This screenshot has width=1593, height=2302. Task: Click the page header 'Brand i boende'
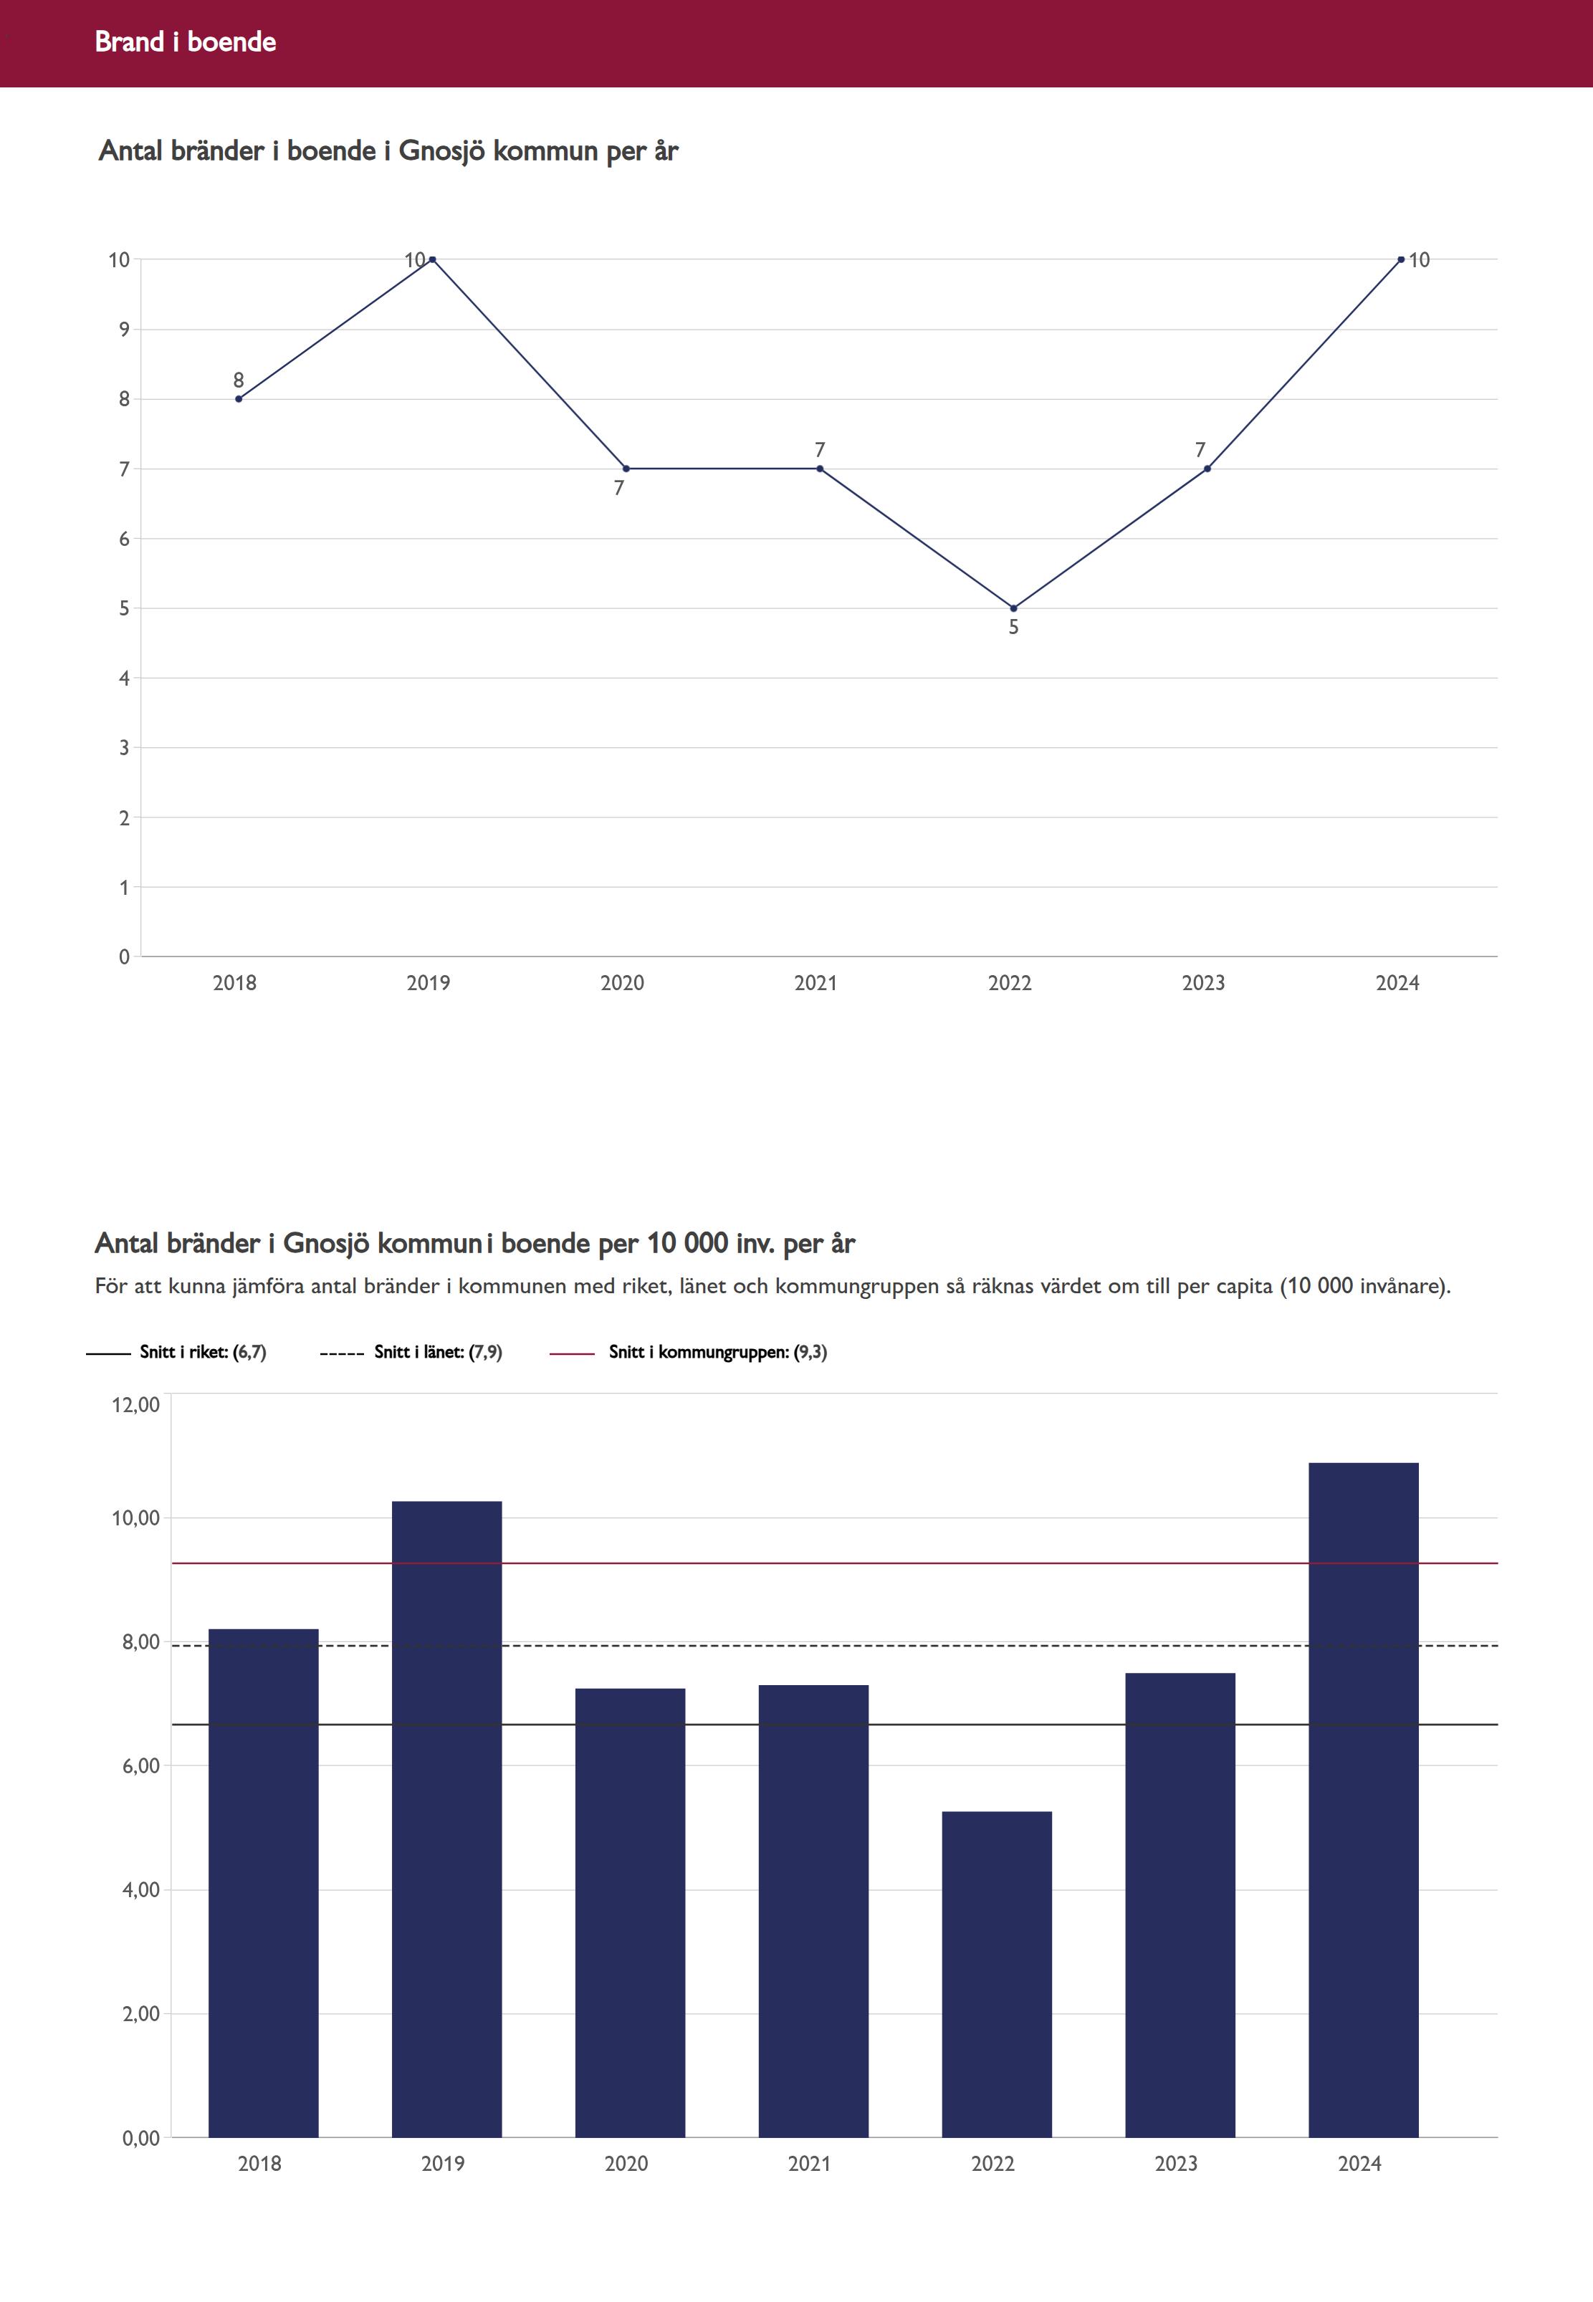(186, 42)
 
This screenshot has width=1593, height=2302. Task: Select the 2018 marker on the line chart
(239, 399)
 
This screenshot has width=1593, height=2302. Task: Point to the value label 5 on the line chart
(1013, 628)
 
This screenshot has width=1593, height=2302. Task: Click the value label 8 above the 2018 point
(239, 380)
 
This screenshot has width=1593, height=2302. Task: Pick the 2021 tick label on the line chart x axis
(815, 983)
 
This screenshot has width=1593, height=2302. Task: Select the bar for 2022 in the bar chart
(996, 1976)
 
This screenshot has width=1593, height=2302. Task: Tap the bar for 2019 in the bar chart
(446, 1816)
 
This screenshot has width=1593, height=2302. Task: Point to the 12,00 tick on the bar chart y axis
(135, 1405)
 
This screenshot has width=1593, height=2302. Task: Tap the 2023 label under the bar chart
(1176, 2163)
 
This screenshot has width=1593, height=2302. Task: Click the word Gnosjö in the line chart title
(442, 150)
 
